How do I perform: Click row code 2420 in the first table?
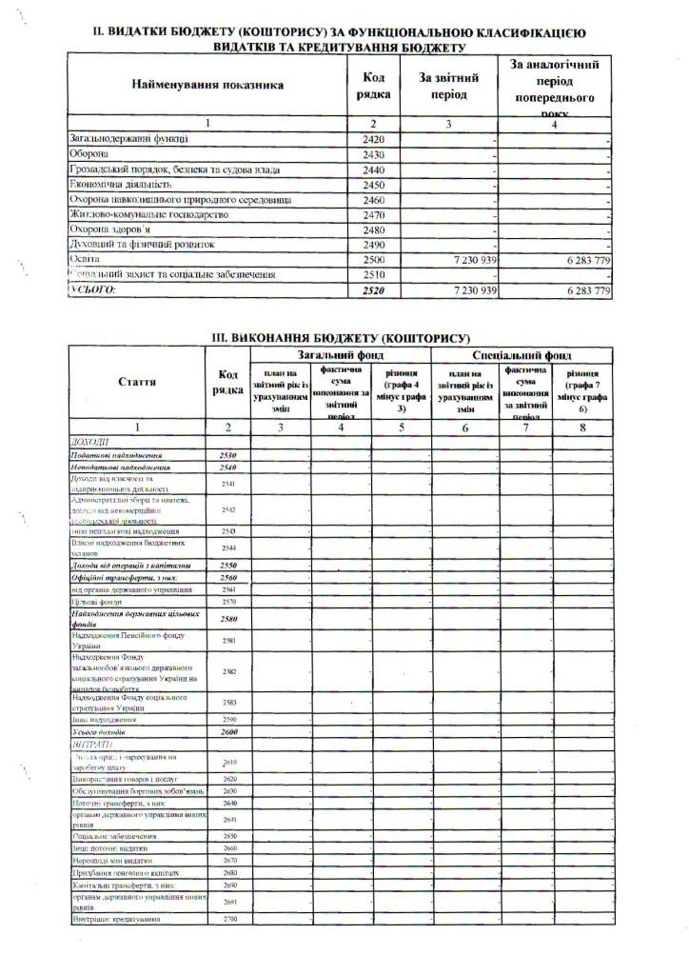(x=373, y=140)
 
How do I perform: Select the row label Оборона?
(x=89, y=154)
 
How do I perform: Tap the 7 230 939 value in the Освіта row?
(x=465, y=259)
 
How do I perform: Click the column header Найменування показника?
(x=207, y=86)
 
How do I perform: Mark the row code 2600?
(x=227, y=732)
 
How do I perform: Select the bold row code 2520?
(x=373, y=289)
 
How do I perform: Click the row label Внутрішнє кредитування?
(x=115, y=919)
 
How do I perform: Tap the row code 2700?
(x=227, y=919)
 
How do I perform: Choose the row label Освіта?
(x=85, y=259)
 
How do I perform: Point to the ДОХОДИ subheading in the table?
(x=90, y=443)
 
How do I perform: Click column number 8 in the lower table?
(x=581, y=428)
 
